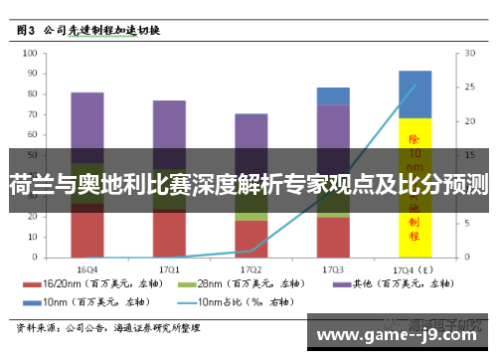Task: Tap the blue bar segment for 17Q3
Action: (x=333, y=95)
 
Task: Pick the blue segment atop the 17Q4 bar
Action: (x=414, y=94)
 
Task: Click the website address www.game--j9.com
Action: (x=398, y=333)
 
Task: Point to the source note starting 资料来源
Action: (x=109, y=326)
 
